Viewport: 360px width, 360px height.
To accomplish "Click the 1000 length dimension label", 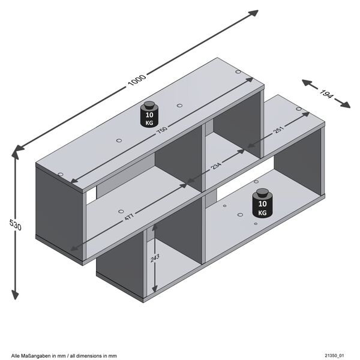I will coord(137,81).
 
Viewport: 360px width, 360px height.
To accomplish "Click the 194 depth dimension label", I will coord(327,94).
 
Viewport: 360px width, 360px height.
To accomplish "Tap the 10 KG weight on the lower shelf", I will coord(262,205).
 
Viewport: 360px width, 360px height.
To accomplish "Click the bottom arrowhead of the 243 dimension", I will coord(155,286).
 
